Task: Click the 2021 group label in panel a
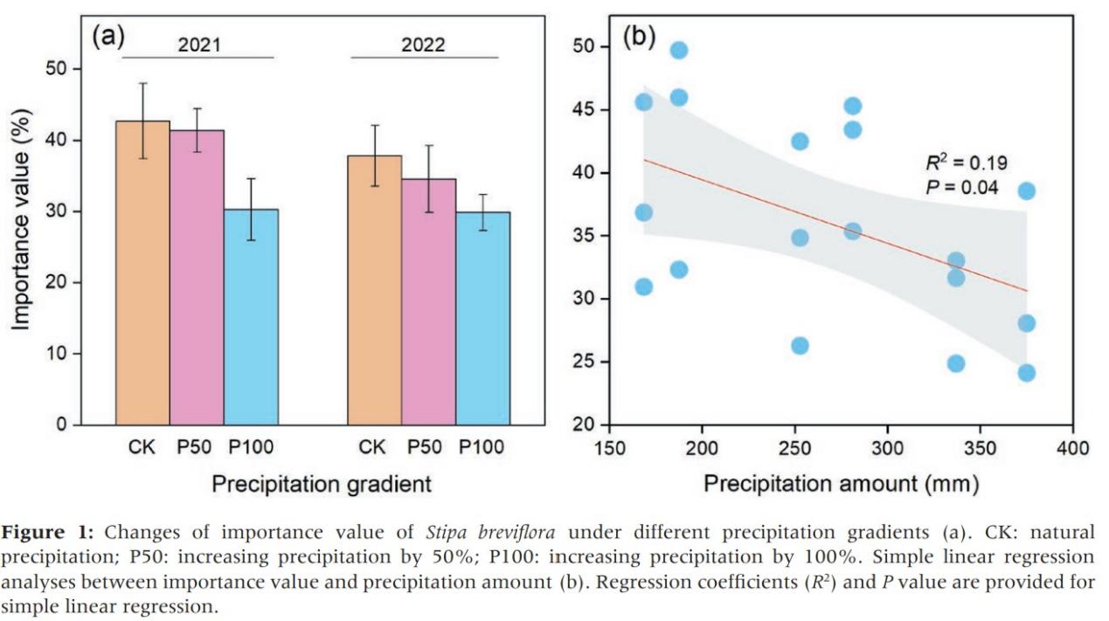199,45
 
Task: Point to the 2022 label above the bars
423,45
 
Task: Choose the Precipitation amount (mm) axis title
841,484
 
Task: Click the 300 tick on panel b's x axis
887,448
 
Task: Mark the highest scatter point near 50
679,50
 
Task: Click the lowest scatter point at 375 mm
1026,373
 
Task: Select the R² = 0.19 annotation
967,162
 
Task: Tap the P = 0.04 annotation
961,186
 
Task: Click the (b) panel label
639,39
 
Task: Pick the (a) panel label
108,37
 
